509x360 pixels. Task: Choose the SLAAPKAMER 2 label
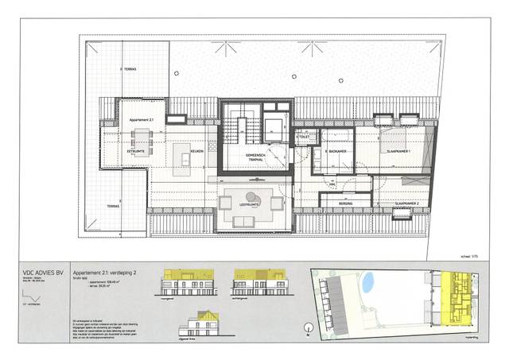coord(412,204)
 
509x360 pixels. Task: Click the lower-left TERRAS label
coord(103,206)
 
